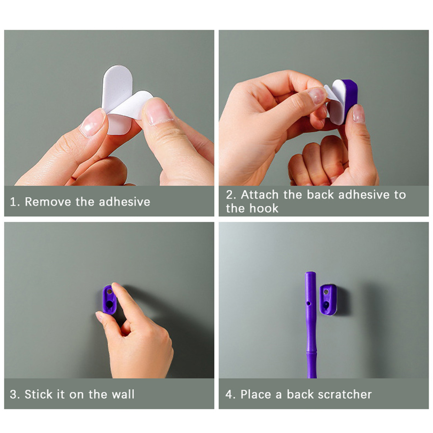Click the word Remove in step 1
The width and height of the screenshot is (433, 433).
tap(48, 202)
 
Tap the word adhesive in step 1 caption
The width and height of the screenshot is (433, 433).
tap(124, 202)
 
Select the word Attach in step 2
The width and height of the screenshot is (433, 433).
tap(260, 195)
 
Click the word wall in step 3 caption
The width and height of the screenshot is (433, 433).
tap(123, 394)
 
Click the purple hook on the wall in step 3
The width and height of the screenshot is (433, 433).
tap(109, 300)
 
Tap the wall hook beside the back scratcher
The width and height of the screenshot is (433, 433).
tap(328, 300)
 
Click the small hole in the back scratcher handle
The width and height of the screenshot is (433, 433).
tap(309, 304)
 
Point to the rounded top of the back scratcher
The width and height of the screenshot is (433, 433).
tap(310, 274)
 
